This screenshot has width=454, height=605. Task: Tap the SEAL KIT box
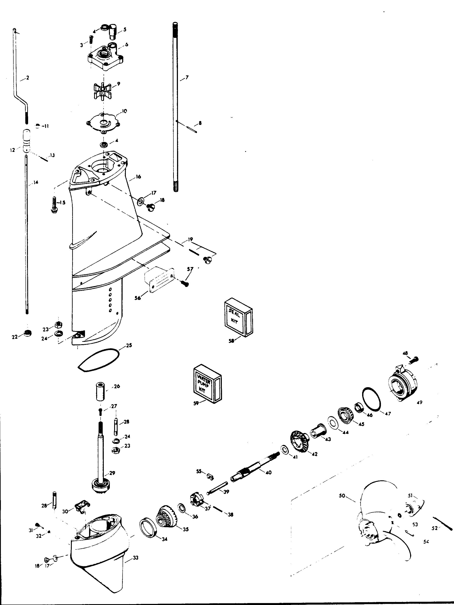(238, 317)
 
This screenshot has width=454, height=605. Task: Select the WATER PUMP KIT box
(207, 384)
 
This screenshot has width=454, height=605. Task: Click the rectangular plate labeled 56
(159, 280)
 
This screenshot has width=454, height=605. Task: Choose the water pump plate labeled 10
(103, 122)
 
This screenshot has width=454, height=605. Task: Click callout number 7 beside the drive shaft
(187, 78)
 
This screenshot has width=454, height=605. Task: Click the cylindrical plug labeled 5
(113, 32)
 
